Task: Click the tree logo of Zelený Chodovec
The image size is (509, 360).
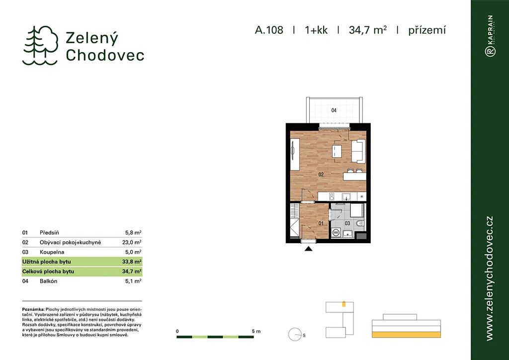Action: tap(40, 45)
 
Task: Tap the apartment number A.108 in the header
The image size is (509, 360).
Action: tap(269, 30)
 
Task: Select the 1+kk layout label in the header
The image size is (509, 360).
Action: tap(316, 30)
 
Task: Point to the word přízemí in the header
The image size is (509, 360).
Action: tap(427, 30)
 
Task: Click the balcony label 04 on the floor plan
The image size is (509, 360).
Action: tap(334, 110)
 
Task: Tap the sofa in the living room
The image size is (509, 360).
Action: tap(358, 151)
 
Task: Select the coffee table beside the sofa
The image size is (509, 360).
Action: tap(337, 151)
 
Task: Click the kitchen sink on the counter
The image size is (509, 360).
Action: tap(346, 196)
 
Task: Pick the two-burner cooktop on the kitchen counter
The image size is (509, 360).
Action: tap(332, 196)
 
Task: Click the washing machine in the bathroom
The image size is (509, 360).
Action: tap(337, 233)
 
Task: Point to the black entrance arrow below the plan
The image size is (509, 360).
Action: tap(308, 249)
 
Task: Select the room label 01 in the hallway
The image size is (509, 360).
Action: tap(321, 223)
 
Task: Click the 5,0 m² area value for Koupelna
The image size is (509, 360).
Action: tap(133, 252)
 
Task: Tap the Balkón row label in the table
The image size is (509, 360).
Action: tap(48, 281)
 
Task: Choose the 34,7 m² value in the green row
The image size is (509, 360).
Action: tap(132, 271)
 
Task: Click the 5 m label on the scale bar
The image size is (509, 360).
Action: tap(256, 332)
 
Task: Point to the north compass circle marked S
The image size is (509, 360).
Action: tap(295, 335)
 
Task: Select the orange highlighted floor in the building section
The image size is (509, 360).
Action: tap(407, 335)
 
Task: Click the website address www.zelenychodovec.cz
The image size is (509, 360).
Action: tap(489, 278)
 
